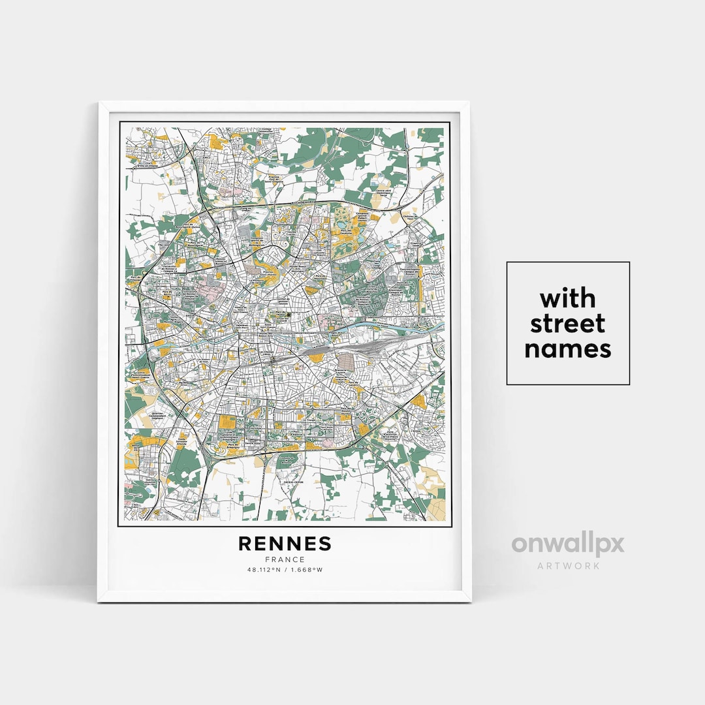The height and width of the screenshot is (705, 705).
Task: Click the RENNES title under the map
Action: pos(285,544)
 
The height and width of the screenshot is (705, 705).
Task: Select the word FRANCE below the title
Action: pos(285,559)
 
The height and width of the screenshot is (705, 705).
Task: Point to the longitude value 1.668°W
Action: pos(307,569)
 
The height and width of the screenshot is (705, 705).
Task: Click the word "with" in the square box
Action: pos(568,298)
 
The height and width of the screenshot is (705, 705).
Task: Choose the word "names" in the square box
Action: pos(568,349)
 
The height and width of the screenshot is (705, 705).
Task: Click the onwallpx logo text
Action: pos(567,544)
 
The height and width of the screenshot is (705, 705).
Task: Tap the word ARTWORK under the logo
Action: pos(568,565)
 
